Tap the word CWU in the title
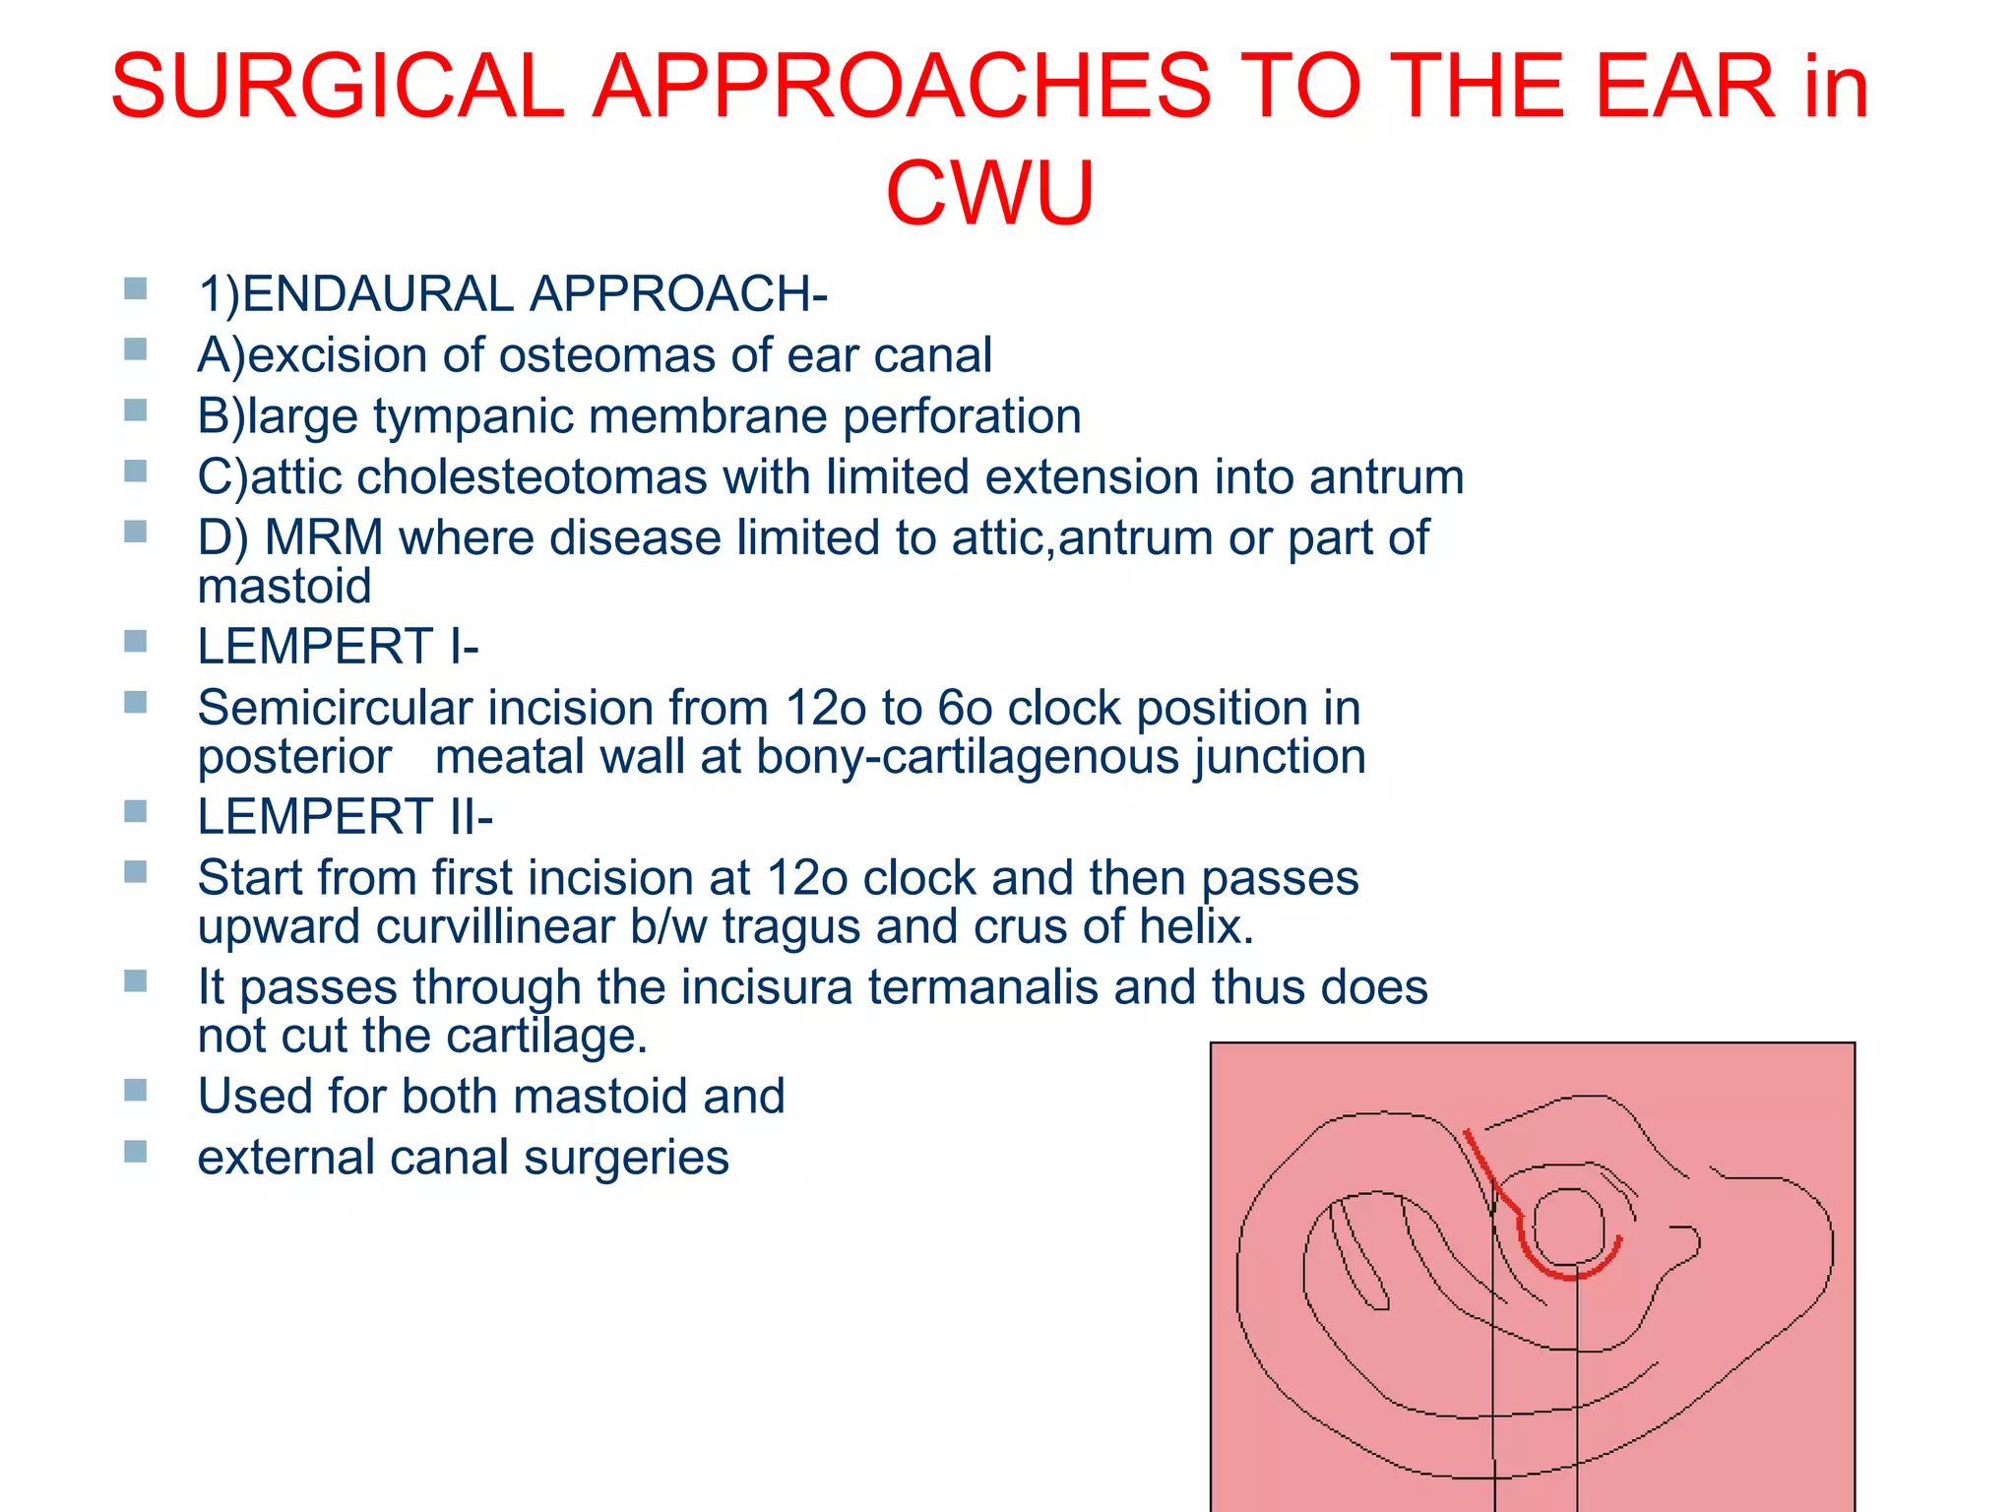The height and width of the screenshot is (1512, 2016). pos(989,193)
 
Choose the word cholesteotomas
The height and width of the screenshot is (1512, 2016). pos(531,477)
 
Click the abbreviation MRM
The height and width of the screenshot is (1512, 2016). pos(324,538)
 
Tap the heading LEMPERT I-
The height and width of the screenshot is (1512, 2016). pos(338,648)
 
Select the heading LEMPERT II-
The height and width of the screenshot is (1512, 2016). pos(345,817)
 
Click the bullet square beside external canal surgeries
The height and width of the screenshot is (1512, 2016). pos(136,1151)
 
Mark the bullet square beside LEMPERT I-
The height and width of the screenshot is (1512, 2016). pos(136,642)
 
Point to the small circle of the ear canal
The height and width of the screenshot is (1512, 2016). pos(1568,1226)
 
